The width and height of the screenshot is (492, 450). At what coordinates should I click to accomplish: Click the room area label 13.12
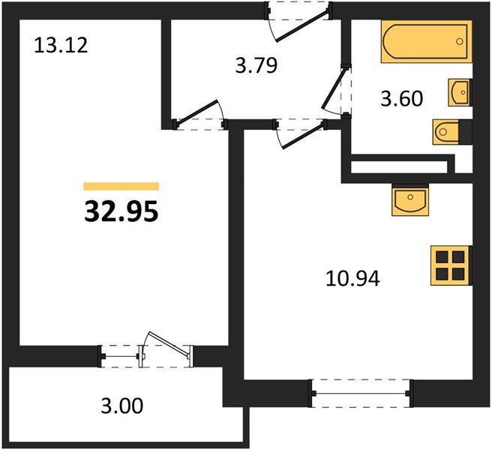tap(61, 45)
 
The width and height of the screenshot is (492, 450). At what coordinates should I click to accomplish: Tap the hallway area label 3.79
tap(256, 66)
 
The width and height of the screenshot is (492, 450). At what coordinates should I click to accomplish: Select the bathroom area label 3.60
tap(402, 98)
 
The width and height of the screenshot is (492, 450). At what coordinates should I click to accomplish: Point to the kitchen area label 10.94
tap(352, 278)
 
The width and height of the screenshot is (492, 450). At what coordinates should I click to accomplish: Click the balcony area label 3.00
tap(122, 406)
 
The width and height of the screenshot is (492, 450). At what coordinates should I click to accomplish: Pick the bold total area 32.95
tap(121, 211)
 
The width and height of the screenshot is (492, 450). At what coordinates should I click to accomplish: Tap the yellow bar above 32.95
tap(121, 187)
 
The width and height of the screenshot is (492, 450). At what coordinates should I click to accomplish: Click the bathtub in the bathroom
tap(427, 41)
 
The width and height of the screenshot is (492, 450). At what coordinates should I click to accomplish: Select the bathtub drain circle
tap(459, 41)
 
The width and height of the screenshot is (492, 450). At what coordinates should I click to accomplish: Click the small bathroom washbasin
tap(460, 92)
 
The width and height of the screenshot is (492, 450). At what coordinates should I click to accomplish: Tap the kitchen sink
tap(410, 202)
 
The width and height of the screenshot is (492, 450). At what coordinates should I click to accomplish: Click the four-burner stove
tap(451, 265)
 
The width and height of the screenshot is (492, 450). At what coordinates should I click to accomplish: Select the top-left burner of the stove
tap(442, 256)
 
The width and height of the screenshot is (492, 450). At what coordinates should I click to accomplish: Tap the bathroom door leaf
tap(335, 88)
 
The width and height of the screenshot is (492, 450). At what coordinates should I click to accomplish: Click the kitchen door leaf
tap(304, 136)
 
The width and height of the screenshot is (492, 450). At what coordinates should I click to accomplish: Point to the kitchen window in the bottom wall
tap(361, 393)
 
